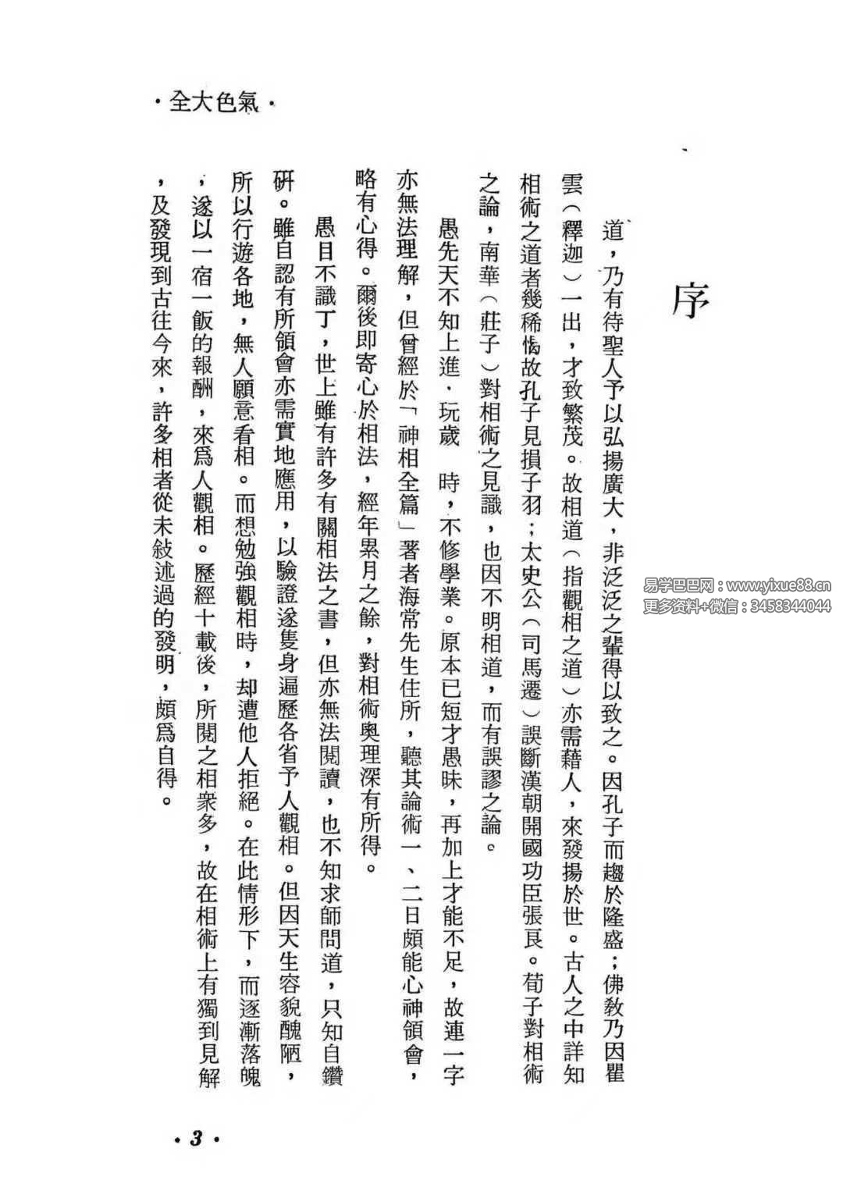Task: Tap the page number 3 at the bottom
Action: tap(196, 1139)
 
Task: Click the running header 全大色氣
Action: tap(213, 102)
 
